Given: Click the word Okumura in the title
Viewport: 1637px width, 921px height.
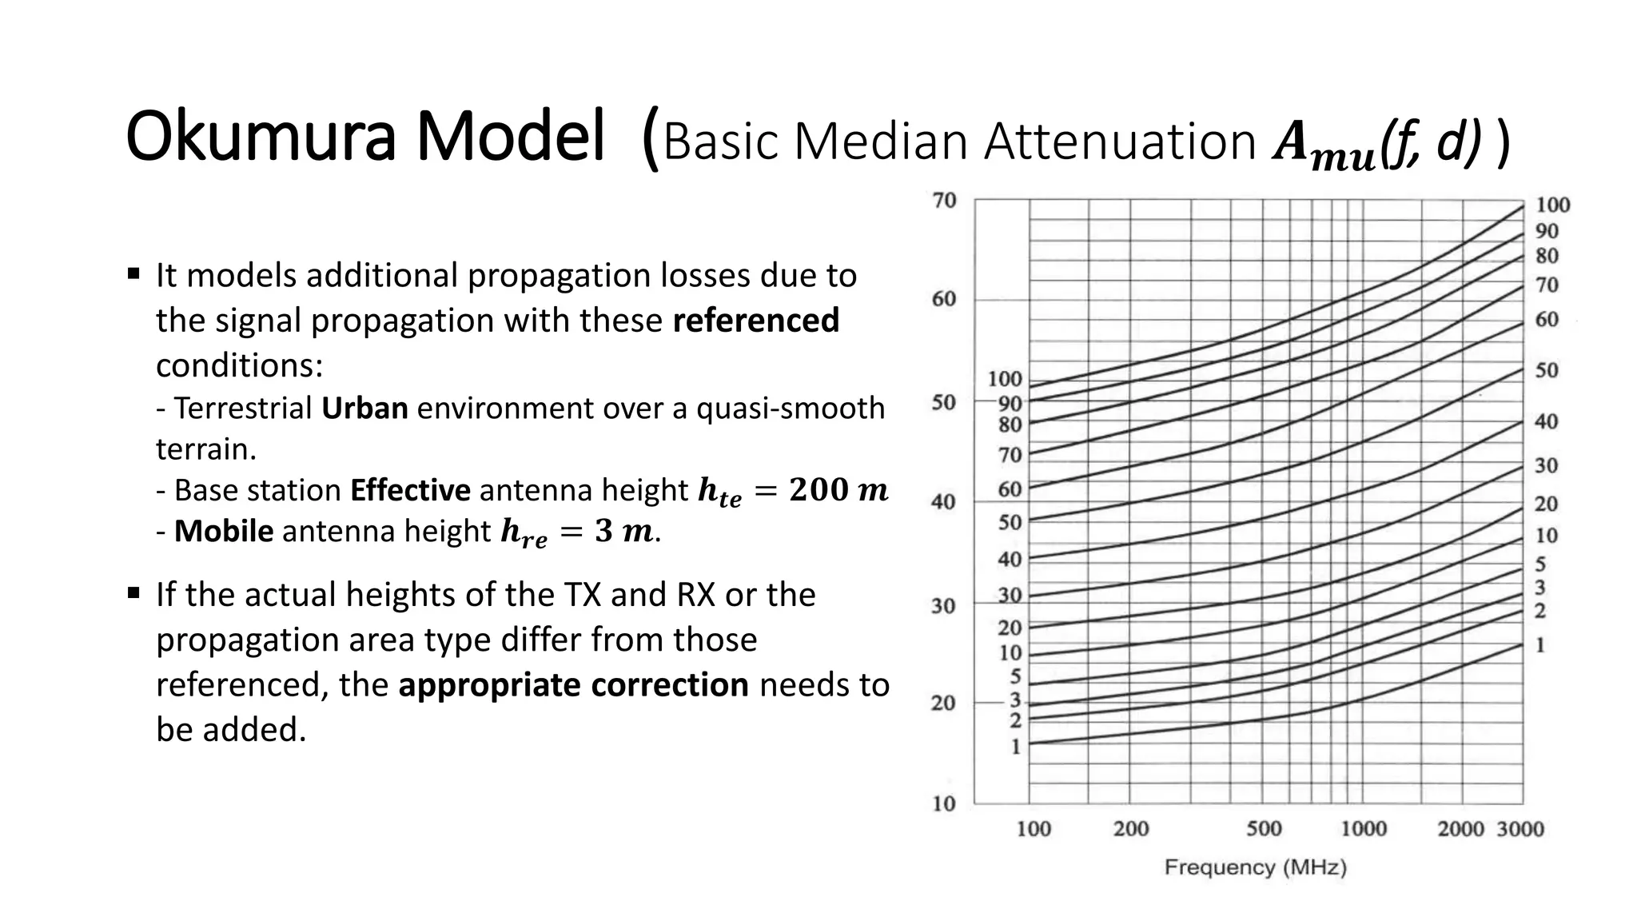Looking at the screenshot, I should coord(261,138).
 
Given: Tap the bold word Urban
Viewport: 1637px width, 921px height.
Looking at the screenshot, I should coord(364,409).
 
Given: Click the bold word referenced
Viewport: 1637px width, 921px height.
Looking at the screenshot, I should coord(756,321).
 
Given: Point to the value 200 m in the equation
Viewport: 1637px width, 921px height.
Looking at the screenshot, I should coord(838,490).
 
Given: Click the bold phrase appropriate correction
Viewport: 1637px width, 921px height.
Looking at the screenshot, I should coord(573,685).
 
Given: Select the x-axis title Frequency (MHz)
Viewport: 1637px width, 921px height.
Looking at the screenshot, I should coord(1255,867).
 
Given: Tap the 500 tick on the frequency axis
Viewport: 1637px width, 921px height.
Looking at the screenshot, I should coord(1264,829).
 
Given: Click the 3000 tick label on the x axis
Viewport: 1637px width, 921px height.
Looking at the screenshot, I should coord(1520,829).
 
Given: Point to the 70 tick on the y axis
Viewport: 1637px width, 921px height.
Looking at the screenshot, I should coord(944,201).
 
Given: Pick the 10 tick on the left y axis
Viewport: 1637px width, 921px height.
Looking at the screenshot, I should coord(944,803).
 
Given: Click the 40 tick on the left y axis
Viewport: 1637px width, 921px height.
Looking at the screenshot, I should coord(944,503).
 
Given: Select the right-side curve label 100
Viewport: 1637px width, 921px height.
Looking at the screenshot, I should coord(1552,205).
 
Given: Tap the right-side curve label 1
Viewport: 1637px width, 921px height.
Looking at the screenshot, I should coord(1540,645).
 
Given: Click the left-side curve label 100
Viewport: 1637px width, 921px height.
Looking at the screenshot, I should coord(1005,379).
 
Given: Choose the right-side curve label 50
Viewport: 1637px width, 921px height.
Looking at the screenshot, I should coord(1547,371).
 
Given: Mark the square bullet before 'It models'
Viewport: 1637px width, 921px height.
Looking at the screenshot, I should coord(133,273).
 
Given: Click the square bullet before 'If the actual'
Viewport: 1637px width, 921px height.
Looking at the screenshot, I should coord(133,593).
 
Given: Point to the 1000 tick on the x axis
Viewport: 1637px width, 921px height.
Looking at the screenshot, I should coord(1364,829).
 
